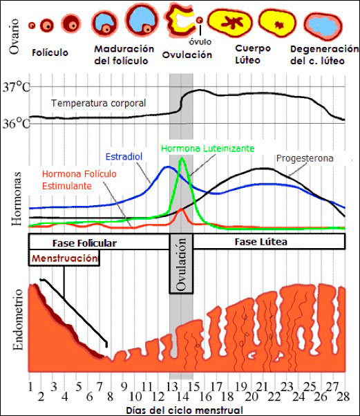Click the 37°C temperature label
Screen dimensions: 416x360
tap(15, 88)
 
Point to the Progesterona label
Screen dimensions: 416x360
tap(305, 158)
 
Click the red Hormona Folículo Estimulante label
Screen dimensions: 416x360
tap(77, 180)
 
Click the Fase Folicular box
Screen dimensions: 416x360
tap(84, 243)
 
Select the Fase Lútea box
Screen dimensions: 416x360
tap(260, 242)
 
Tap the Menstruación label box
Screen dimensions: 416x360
tap(64, 258)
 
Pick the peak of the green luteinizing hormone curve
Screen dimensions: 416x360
tap(181, 158)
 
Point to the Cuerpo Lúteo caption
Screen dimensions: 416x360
tap(253, 53)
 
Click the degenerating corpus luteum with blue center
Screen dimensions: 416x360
tap(323, 26)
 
